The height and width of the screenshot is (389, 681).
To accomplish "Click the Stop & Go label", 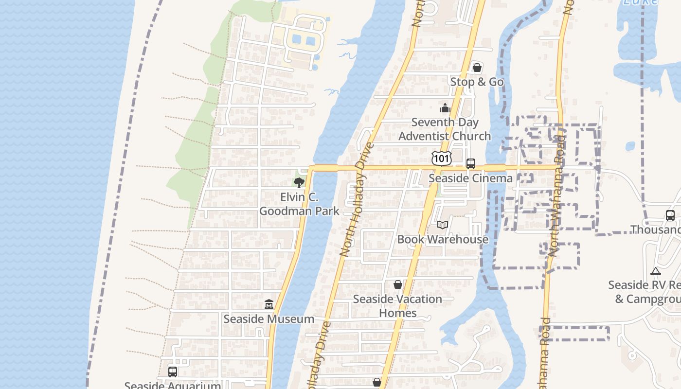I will click(477, 82).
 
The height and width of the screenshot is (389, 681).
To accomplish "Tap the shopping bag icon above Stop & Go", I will click(477, 68).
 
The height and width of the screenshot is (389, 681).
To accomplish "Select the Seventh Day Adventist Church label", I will click(445, 129).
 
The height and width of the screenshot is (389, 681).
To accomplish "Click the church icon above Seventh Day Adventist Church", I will click(445, 108).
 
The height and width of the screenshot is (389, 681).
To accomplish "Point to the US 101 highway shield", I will click(441, 158).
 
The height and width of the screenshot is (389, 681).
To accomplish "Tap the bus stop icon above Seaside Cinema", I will click(470, 164).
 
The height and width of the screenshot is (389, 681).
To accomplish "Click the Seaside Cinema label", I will click(470, 178).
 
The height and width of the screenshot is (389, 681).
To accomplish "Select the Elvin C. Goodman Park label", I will click(299, 204).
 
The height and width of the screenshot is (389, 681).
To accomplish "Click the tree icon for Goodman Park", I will click(299, 183).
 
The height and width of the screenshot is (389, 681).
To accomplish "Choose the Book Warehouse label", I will click(443, 239).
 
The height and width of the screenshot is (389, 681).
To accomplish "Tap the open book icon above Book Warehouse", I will click(442, 225).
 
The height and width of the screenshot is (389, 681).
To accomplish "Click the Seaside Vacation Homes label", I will click(397, 306).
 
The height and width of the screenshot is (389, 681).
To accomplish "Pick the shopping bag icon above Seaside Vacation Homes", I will click(398, 284).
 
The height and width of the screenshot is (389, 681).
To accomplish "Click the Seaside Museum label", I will click(269, 319).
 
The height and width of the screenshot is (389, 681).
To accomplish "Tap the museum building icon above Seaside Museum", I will click(269, 304).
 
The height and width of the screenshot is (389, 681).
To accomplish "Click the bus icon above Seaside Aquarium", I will click(173, 371).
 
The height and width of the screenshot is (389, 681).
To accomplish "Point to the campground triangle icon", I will click(655, 271).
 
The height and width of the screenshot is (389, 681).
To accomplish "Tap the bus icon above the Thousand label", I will click(670, 215).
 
